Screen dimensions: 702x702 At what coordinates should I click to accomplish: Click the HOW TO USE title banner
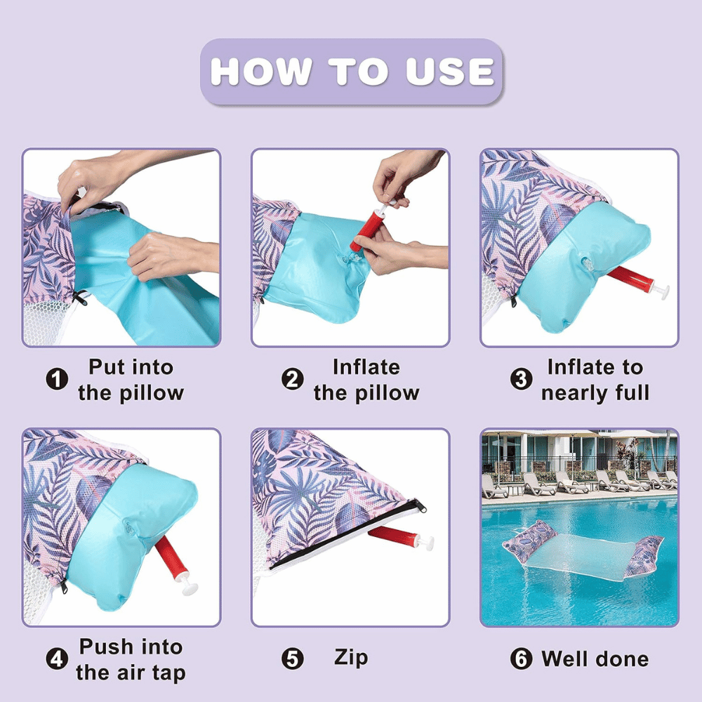click(352, 72)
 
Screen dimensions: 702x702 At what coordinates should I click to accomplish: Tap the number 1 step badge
click(58, 379)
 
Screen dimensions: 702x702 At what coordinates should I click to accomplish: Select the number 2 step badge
click(292, 379)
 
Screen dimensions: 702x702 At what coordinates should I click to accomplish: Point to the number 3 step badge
click(521, 379)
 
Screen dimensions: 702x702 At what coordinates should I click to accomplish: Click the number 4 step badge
click(58, 659)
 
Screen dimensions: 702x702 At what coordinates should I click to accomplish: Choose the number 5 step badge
click(292, 659)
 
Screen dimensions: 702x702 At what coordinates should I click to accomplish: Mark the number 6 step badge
click(521, 659)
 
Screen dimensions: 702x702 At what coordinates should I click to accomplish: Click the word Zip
click(351, 658)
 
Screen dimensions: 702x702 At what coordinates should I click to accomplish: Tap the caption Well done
click(595, 659)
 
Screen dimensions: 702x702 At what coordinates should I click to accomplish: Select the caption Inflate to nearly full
click(595, 380)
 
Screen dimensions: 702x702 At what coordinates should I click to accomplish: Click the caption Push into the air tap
click(131, 660)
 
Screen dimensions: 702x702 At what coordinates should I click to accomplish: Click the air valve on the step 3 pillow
click(587, 264)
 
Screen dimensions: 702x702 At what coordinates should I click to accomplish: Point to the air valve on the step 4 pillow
click(129, 526)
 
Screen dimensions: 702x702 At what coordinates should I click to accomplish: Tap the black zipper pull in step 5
click(420, 505)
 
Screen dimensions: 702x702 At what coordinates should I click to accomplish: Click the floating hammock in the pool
click(583, 555)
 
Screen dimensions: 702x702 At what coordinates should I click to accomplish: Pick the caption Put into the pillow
click(131, 380)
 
